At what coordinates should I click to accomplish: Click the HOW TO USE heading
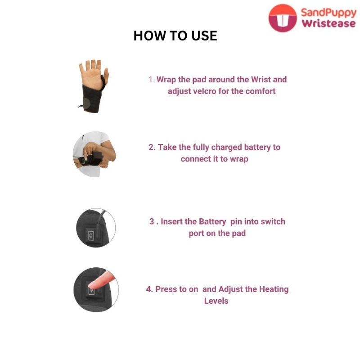click(175, 36)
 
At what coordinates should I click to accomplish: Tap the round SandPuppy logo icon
click(283, 18)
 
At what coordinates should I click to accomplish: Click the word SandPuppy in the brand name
click(328, 13)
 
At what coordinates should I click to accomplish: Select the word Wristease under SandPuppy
click(329, 23)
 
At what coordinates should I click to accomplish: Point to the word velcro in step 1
click(205, 91)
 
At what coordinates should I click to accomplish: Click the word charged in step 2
click(227, 148)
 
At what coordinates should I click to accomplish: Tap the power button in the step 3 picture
click(91, 235)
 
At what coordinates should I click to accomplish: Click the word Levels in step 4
click(216, 301)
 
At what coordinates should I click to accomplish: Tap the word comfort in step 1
click(261, 91)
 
